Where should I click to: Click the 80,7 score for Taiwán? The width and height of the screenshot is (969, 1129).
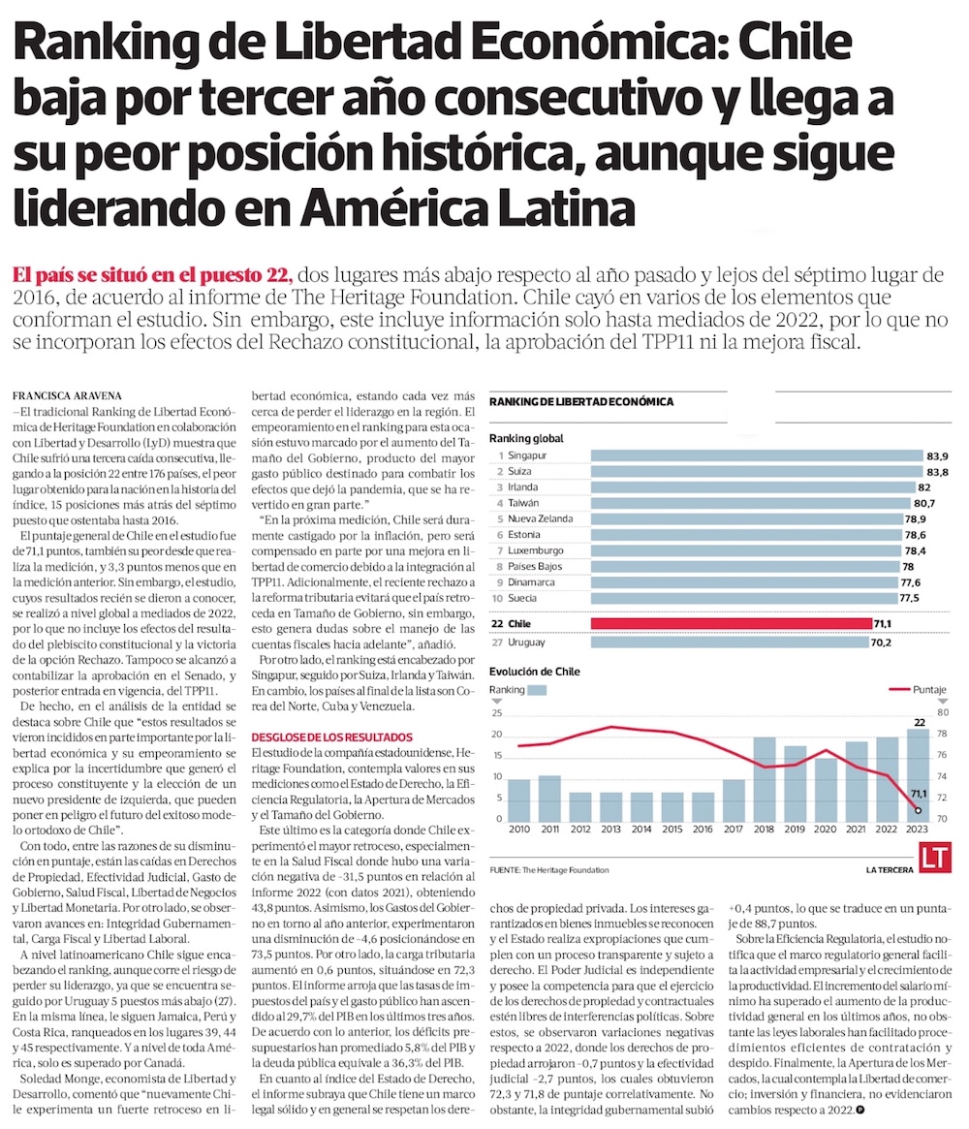pyautogui.click(x=936, y=503)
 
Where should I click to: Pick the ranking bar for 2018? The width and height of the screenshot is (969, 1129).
pyautogui.click(x=764, y=779)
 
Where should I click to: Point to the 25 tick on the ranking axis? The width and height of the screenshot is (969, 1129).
pyautogui.click(x=498, y=712)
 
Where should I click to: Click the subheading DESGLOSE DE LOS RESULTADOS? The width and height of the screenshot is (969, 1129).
pyautogui.click(x=330, y=737)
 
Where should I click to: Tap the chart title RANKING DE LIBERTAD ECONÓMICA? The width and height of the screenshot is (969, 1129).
pyautogui.click(x=581, y=400)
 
